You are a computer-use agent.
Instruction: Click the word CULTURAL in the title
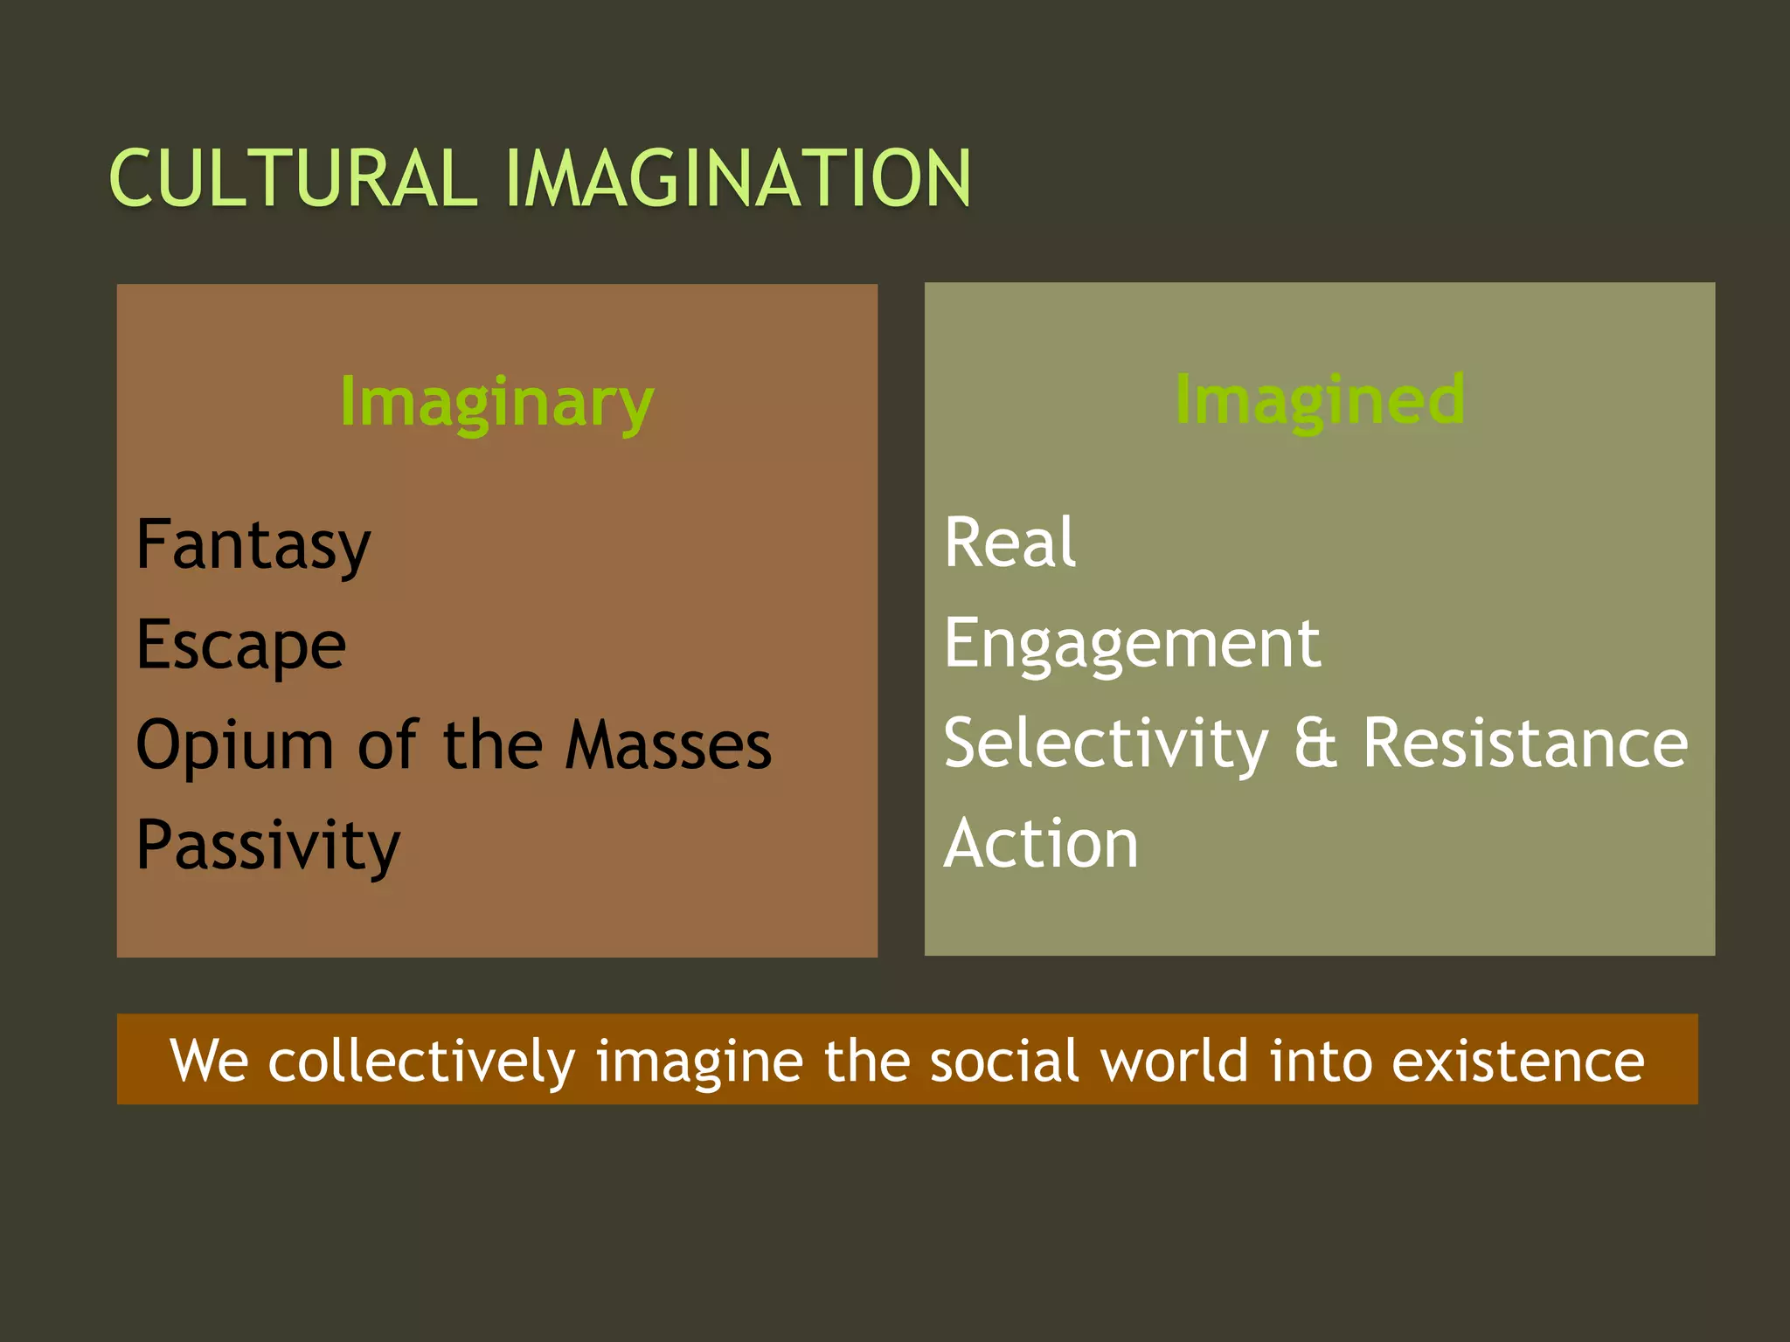click(x=294, y=179)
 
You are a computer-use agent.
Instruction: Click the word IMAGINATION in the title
click(x=738, y=179)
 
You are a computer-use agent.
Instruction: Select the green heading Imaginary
click(x=496, y=403)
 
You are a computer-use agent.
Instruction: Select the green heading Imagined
click(x=1320, y=400)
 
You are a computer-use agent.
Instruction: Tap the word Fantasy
click(x=253, y=545)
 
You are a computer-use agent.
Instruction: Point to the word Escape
click(x=241, y=647)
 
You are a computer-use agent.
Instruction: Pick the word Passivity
click(x=268, y=846)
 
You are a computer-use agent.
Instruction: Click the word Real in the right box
click(x=1009, y=543)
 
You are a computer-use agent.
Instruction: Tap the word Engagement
click(x=1132, y=645)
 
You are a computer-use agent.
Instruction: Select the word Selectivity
click(x=1106, y=744)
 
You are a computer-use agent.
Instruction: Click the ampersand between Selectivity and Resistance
click(x=1315, y=744)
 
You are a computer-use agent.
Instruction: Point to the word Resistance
click(x=1525, y=744)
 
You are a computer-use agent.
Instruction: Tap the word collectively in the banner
click(x=420, y=1061)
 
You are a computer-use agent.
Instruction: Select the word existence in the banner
click(x=1517, y=1061)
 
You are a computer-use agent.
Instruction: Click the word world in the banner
click(x=1174, y=1061)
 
